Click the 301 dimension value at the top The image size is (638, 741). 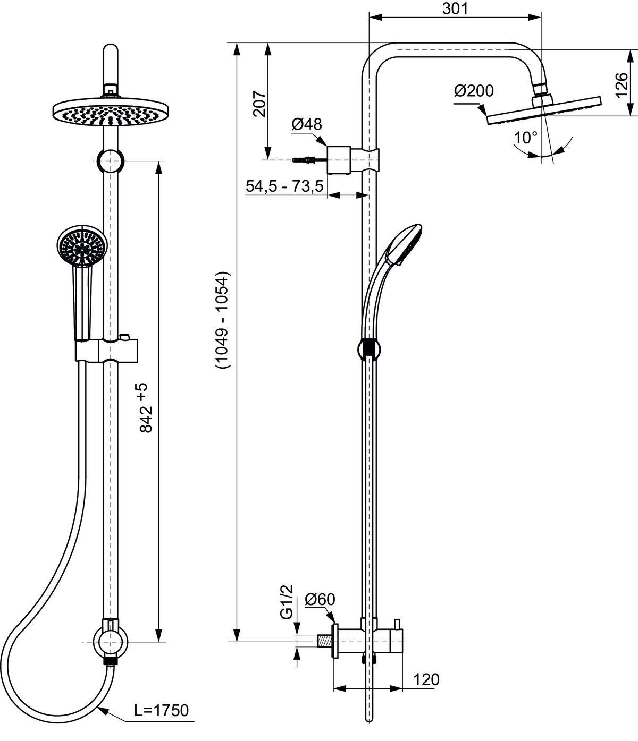(x=455, y=9)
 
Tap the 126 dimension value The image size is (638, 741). (x=622, y=85)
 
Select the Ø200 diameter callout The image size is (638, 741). (x=474, y=91)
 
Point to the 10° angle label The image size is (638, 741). (x=526, y=137)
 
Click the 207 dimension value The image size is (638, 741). (x=259, y=104)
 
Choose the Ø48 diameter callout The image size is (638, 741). (x=306, y=124)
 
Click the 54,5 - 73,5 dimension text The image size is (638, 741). (x=284, y=186)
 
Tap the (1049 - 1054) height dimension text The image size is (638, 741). (x=222, y=320)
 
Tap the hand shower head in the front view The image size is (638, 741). (x=82, y=246)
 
